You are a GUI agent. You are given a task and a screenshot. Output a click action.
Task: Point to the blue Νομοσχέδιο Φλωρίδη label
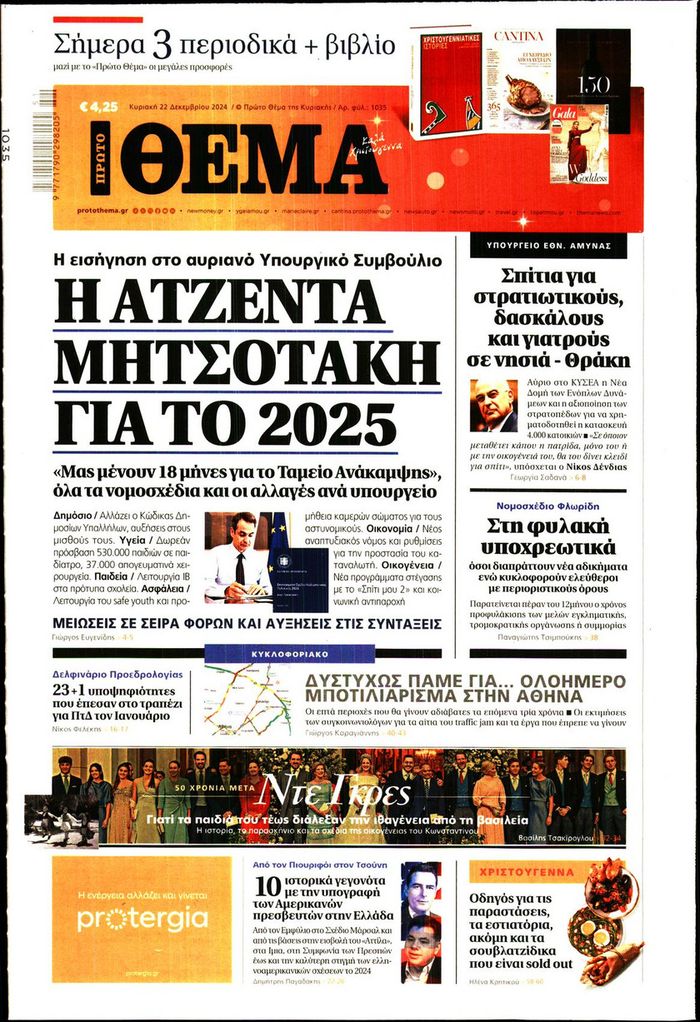pos(547,506)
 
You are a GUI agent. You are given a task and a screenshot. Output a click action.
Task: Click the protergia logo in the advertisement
pos(142,919)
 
